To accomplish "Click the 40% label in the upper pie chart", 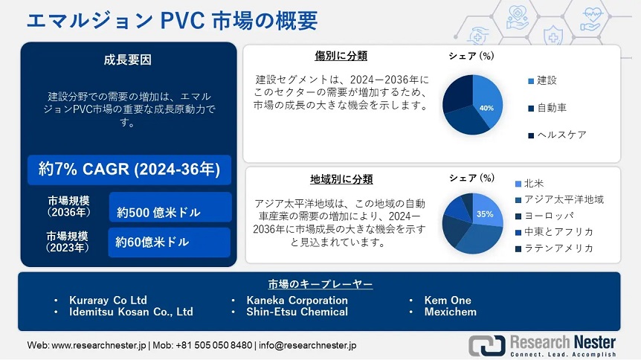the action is [486, 108].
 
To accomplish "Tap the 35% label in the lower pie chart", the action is [485, 214].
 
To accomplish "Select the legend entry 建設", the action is [543, 80].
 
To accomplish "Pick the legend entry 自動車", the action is [547, 108].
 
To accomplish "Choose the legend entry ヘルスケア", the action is [557, 135].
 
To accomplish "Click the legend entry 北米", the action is [529, 183].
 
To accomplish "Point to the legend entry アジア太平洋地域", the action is [559, 199].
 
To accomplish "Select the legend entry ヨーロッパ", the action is [544, 216].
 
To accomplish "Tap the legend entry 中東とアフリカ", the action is [554, 231].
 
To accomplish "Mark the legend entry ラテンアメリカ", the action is [554, 248].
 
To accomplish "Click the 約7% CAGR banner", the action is [129, 170].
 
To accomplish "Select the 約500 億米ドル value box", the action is [170, 208].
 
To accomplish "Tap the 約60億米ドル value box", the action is [170, 242].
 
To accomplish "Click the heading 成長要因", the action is [128, 60].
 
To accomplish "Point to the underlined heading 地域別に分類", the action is [341, 179].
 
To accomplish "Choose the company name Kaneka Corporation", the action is [297, 300].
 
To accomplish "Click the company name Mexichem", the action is [450, 312].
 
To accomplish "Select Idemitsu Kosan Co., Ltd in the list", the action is [131, 312].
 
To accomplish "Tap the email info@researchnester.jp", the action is [307, 345].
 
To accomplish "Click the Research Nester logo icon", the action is [487, 345].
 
